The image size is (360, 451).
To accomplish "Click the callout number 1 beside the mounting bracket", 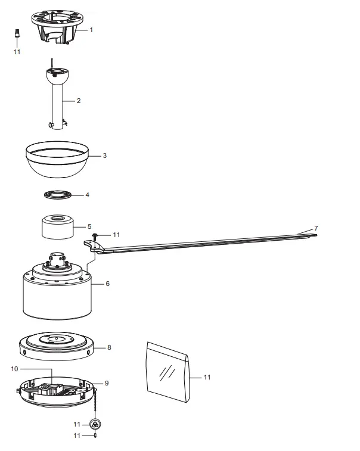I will coord(91,29).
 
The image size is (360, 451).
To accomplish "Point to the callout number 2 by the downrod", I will coord(78,101).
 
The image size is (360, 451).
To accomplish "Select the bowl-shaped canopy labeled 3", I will coord(58,160).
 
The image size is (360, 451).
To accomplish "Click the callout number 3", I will coord(104,155).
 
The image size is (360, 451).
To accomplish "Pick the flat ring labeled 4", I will coord(58,194).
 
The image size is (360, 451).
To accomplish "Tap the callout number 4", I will coord(87,195).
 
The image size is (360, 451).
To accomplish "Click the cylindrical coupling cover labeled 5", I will coord(58,226).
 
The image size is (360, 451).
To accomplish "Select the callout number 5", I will coord(89,226).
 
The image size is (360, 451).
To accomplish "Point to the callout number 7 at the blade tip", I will coord(316,229).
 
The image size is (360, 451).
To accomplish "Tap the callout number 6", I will coord(107,284).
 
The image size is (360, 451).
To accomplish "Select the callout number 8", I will coord(108,346).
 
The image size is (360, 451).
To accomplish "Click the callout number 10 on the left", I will coord(14,369).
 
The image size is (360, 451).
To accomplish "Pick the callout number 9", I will coord(106,383).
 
